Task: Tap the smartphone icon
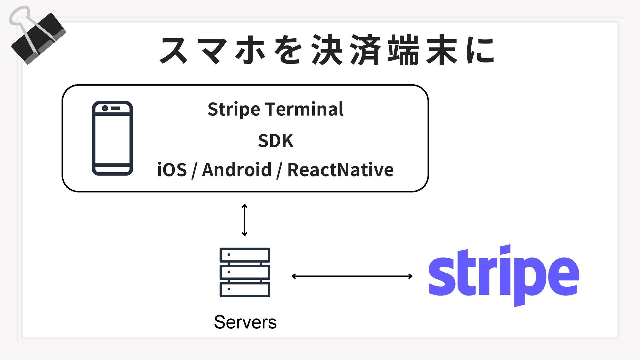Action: coord(112,138)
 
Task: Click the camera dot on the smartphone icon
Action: coord(105,108)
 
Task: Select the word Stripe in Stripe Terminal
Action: coord(234,109)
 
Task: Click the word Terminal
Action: coord(305,109)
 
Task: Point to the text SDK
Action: coord(276,141)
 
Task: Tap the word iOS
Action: coord(172,170)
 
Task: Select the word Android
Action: coord(237,170)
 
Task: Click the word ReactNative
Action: coord(340,170)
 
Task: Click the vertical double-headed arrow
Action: coord(245,220)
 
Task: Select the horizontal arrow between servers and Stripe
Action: coord(352,276)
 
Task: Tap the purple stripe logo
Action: coord(504,275)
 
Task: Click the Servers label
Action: coord(245,322)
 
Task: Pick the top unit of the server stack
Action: coord(245,255)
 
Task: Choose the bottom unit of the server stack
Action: coord(245,289)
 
